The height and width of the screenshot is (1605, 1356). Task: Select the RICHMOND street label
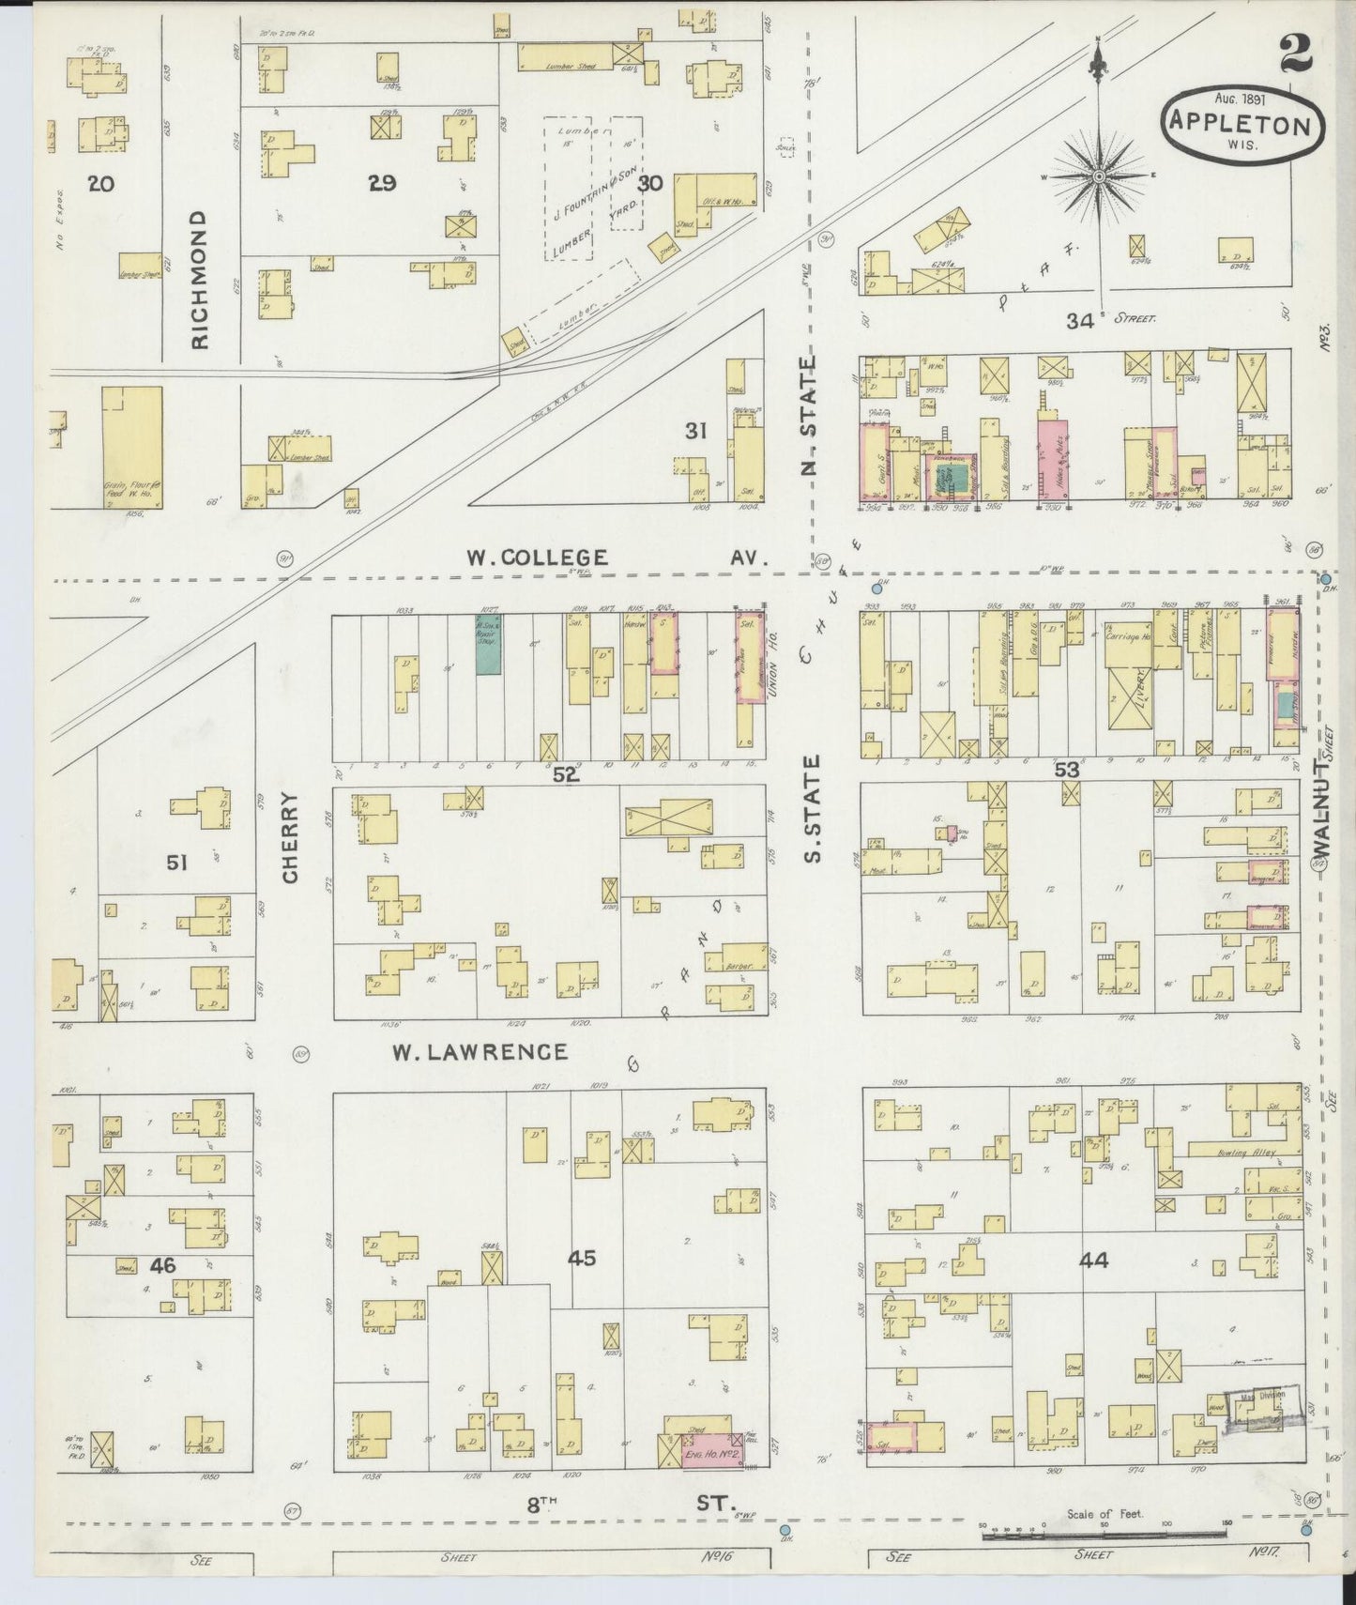coord(200,280)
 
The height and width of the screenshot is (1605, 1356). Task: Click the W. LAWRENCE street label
coord(480,1051)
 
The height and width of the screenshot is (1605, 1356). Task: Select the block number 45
coord(582,1258)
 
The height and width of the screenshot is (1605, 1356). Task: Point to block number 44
coord(1093,1261)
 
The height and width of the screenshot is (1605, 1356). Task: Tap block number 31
coord(694,431)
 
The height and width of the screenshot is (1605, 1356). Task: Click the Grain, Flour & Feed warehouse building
coord(131,446)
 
